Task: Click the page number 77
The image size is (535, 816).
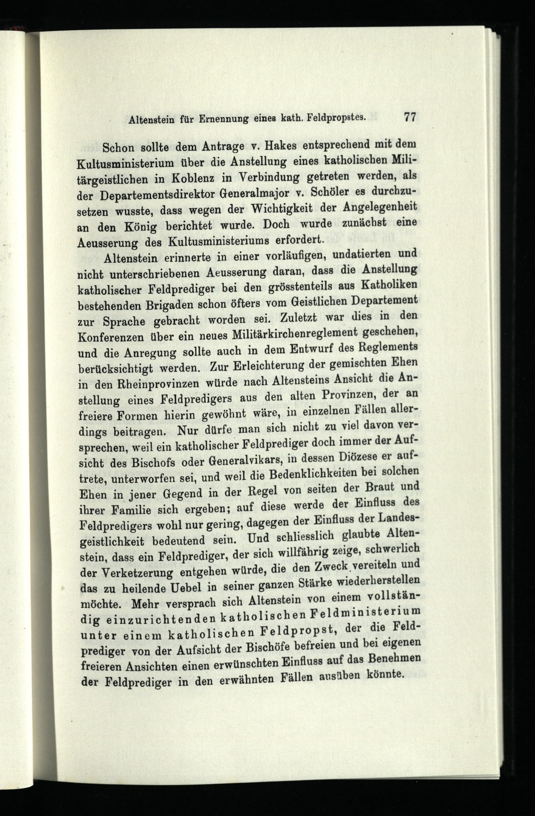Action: tap(410, 117)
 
